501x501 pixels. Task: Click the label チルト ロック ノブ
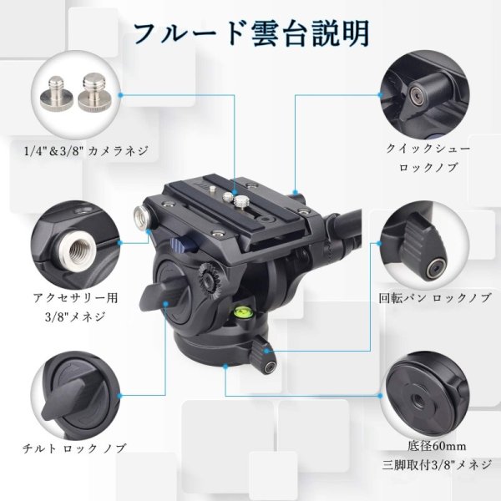click(77, 448)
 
